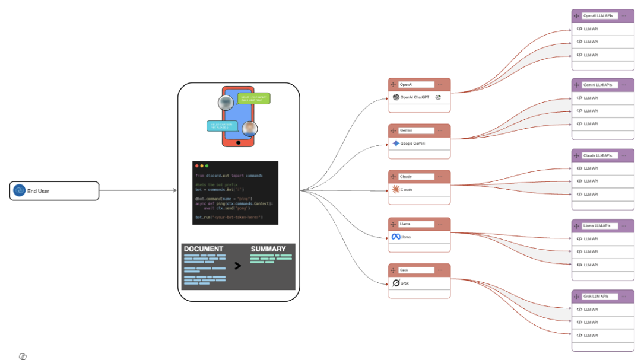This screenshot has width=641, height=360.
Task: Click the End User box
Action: tap(54, 191)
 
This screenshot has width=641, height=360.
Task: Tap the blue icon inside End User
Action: tap(19, 191)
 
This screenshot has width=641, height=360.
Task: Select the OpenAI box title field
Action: tap(415, 85)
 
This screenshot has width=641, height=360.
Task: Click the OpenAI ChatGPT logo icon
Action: tap(396, 97)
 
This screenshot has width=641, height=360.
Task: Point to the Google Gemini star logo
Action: tap(396, 144)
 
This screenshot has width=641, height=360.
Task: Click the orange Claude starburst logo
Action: tap(396, 190)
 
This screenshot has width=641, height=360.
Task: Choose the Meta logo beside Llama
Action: tap(396, 237)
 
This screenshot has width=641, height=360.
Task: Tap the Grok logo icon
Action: tap(396, 283)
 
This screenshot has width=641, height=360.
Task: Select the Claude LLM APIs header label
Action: tap(598, 155)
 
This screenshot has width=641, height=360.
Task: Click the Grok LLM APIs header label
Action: tap(596, 296)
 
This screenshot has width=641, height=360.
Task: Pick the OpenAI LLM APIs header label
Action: tap(598, 15)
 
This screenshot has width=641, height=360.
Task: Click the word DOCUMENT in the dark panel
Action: tap(204, 249)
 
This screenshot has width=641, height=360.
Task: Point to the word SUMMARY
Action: tap(268, 249)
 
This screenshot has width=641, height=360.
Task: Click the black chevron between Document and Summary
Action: tap(238, 266)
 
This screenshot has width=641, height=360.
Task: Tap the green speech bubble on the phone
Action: tap(253, 98)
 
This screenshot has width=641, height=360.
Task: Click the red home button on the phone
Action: tap(238, 142)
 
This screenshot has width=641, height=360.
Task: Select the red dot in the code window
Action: tap(196, 166)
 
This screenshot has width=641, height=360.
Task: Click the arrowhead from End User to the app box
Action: tap(174, 190)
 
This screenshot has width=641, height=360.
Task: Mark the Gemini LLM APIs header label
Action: tap(598, 85)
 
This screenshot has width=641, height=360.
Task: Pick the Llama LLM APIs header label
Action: tap(596, 225)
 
